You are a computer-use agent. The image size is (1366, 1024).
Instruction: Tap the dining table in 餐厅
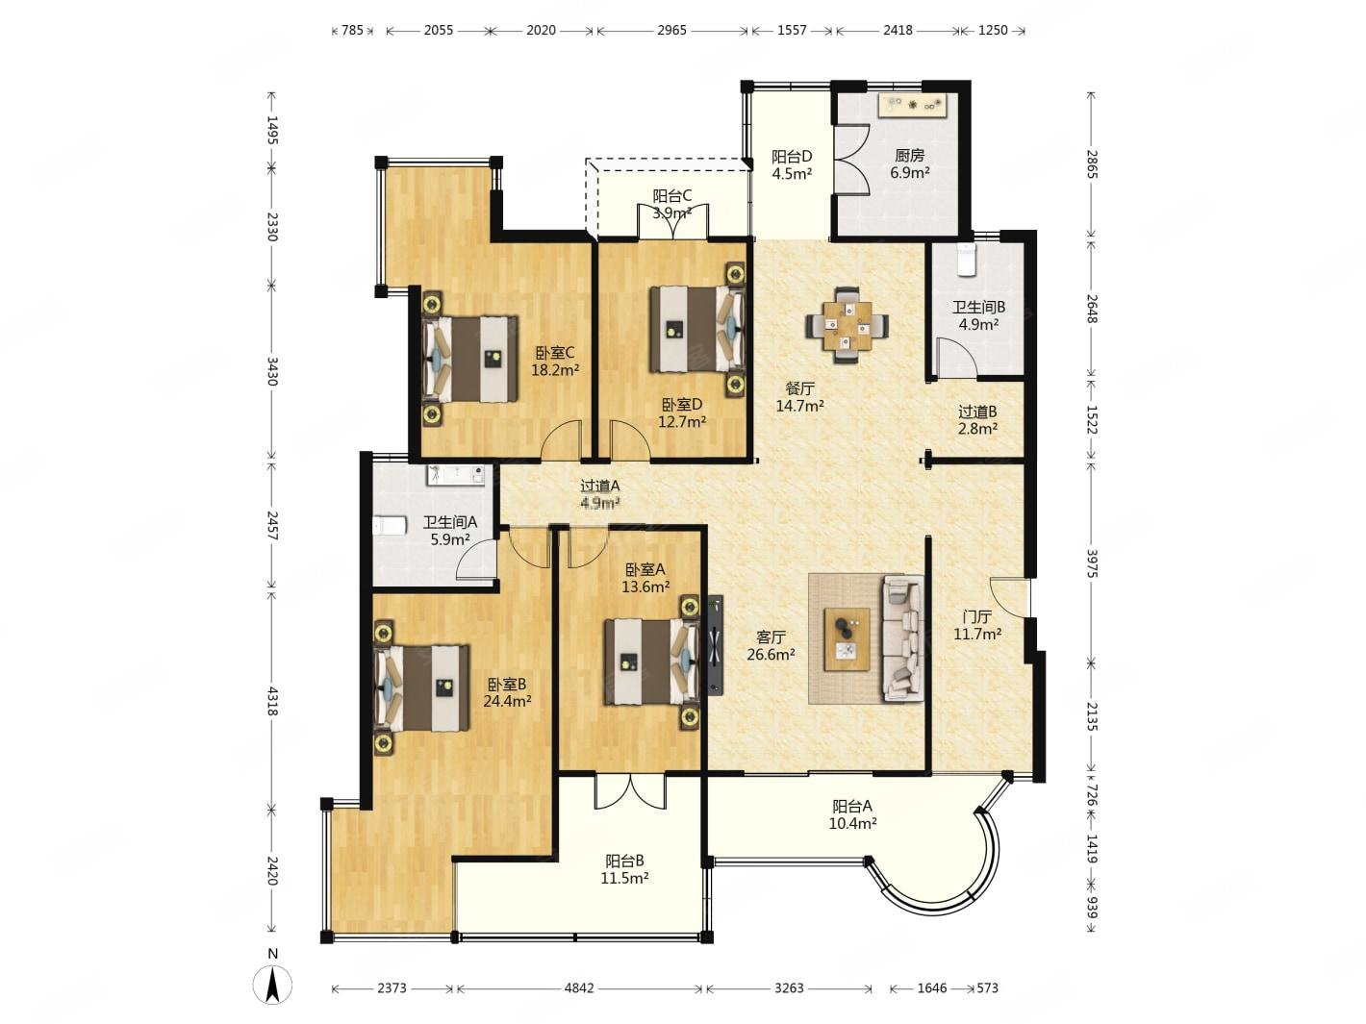847,325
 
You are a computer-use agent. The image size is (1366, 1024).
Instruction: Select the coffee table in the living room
847,638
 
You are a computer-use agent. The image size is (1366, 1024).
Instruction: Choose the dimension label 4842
579,987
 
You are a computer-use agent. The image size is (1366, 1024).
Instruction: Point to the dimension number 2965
671,30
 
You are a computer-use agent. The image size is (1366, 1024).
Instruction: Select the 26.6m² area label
771,654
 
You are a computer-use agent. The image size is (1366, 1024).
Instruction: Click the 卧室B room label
507,685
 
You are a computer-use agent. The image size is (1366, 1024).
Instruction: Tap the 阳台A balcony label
852,807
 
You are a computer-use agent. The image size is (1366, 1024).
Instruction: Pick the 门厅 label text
976,616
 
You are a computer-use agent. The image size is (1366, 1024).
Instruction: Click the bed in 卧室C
470,359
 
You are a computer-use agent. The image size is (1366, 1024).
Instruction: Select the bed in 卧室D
697,329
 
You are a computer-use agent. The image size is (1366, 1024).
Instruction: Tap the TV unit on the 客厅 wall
716,645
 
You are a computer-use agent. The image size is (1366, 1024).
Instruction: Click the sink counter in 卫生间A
455,475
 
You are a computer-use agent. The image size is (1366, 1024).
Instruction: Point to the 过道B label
977,412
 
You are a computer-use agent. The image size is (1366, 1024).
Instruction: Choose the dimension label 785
352,30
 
